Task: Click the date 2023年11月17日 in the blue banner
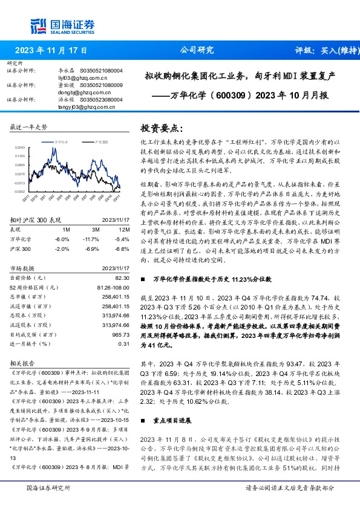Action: coord(51,50)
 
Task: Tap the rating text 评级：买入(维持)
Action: coord(319,50)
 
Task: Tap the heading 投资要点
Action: coord(161,128)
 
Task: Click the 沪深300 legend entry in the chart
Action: coord(101,141)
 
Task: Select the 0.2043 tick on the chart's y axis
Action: coord(19,148)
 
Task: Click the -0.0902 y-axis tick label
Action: coord(19,192)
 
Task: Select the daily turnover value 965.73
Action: coord(121,334)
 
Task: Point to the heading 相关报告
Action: coord(22,364)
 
